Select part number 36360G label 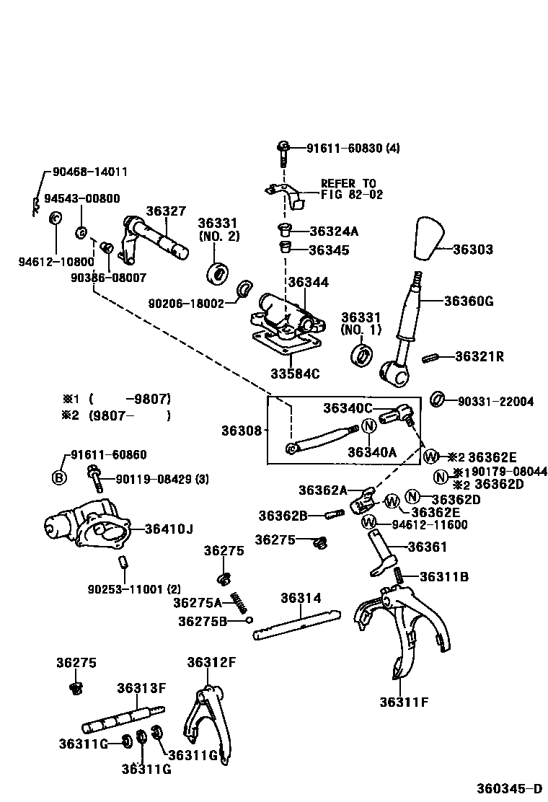pyautogui.click(x=468, y=301)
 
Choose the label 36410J pyautogui.click(x=169, y=529)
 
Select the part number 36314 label pyautogui.click(x=301, y=598)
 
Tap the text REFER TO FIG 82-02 pyautogui.click(x=351, y=189)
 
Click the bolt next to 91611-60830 pyautogui.click(x=282, y=151)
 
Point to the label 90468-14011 pyautogui.click(x=90, y=172)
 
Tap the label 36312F pyautogui.click(x=211, y=662)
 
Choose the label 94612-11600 pyautogui.click(x=430, y=524)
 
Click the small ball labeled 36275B pyautogui.click(x=249, y=620)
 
